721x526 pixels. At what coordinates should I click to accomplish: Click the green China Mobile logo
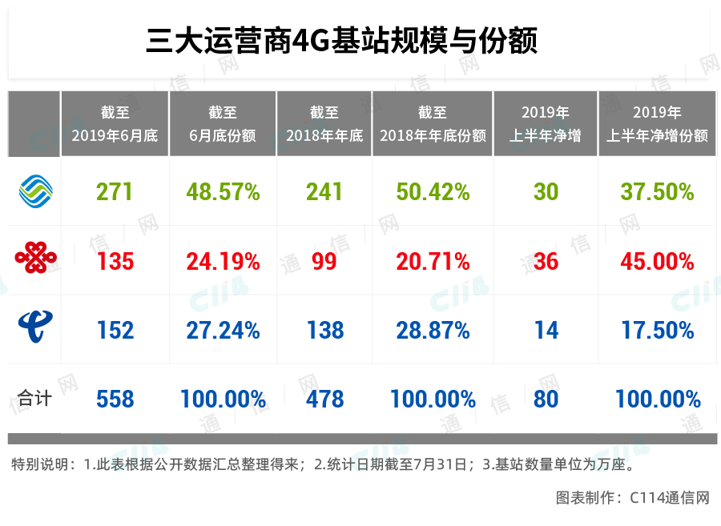click(34, 191)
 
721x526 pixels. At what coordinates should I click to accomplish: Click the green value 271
click(115, 192)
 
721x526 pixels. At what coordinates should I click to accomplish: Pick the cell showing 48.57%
click(223, 192)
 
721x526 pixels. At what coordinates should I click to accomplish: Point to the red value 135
click(115, 261)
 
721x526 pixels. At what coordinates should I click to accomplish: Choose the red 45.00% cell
click(658, 261)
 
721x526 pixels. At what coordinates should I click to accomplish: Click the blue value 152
click(115, 330)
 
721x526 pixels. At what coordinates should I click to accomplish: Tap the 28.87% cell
click(433, 330)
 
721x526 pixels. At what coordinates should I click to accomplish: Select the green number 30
click(546, 192)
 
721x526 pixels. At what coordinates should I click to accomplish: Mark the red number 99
click(324, 261)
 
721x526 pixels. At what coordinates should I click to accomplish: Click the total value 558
click(115, 399)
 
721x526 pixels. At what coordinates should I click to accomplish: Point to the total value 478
click(325, 399)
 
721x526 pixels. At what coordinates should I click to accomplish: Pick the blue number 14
click(546, 330)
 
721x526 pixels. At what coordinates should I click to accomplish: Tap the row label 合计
click(34, 398)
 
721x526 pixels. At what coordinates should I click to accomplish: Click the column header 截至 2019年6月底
click(115, 124)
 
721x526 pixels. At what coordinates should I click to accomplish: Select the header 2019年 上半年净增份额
click(658, 124)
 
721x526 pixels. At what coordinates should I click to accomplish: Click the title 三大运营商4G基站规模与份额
click(341, 40)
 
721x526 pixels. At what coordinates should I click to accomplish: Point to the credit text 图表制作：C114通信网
click(632, 498)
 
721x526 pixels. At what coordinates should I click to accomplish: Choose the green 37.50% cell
click(658, 192)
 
